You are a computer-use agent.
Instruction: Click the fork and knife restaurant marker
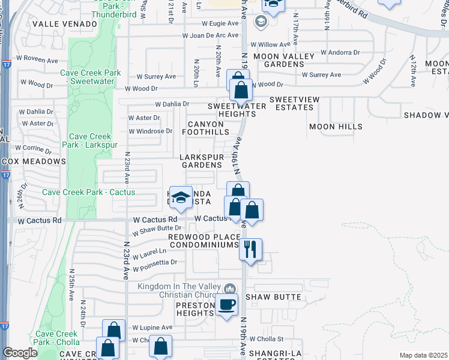(251, 248)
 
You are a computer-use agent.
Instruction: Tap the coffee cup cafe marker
(228, 305)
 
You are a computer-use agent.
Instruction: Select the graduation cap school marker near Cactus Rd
(180, 197)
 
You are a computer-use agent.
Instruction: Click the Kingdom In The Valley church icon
(229, 289)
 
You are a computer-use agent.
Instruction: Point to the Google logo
(20, 353)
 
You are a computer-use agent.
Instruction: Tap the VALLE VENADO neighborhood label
(65, 23)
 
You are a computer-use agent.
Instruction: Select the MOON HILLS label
(336, 127)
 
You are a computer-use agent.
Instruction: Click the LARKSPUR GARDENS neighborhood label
(202, 161)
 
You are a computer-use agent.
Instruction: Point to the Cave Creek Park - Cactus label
(89, 192)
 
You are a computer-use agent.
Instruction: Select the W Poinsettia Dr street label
(157, 262)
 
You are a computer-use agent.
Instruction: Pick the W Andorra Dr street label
(340, 52)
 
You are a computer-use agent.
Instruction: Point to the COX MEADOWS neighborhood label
(33, 161)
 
